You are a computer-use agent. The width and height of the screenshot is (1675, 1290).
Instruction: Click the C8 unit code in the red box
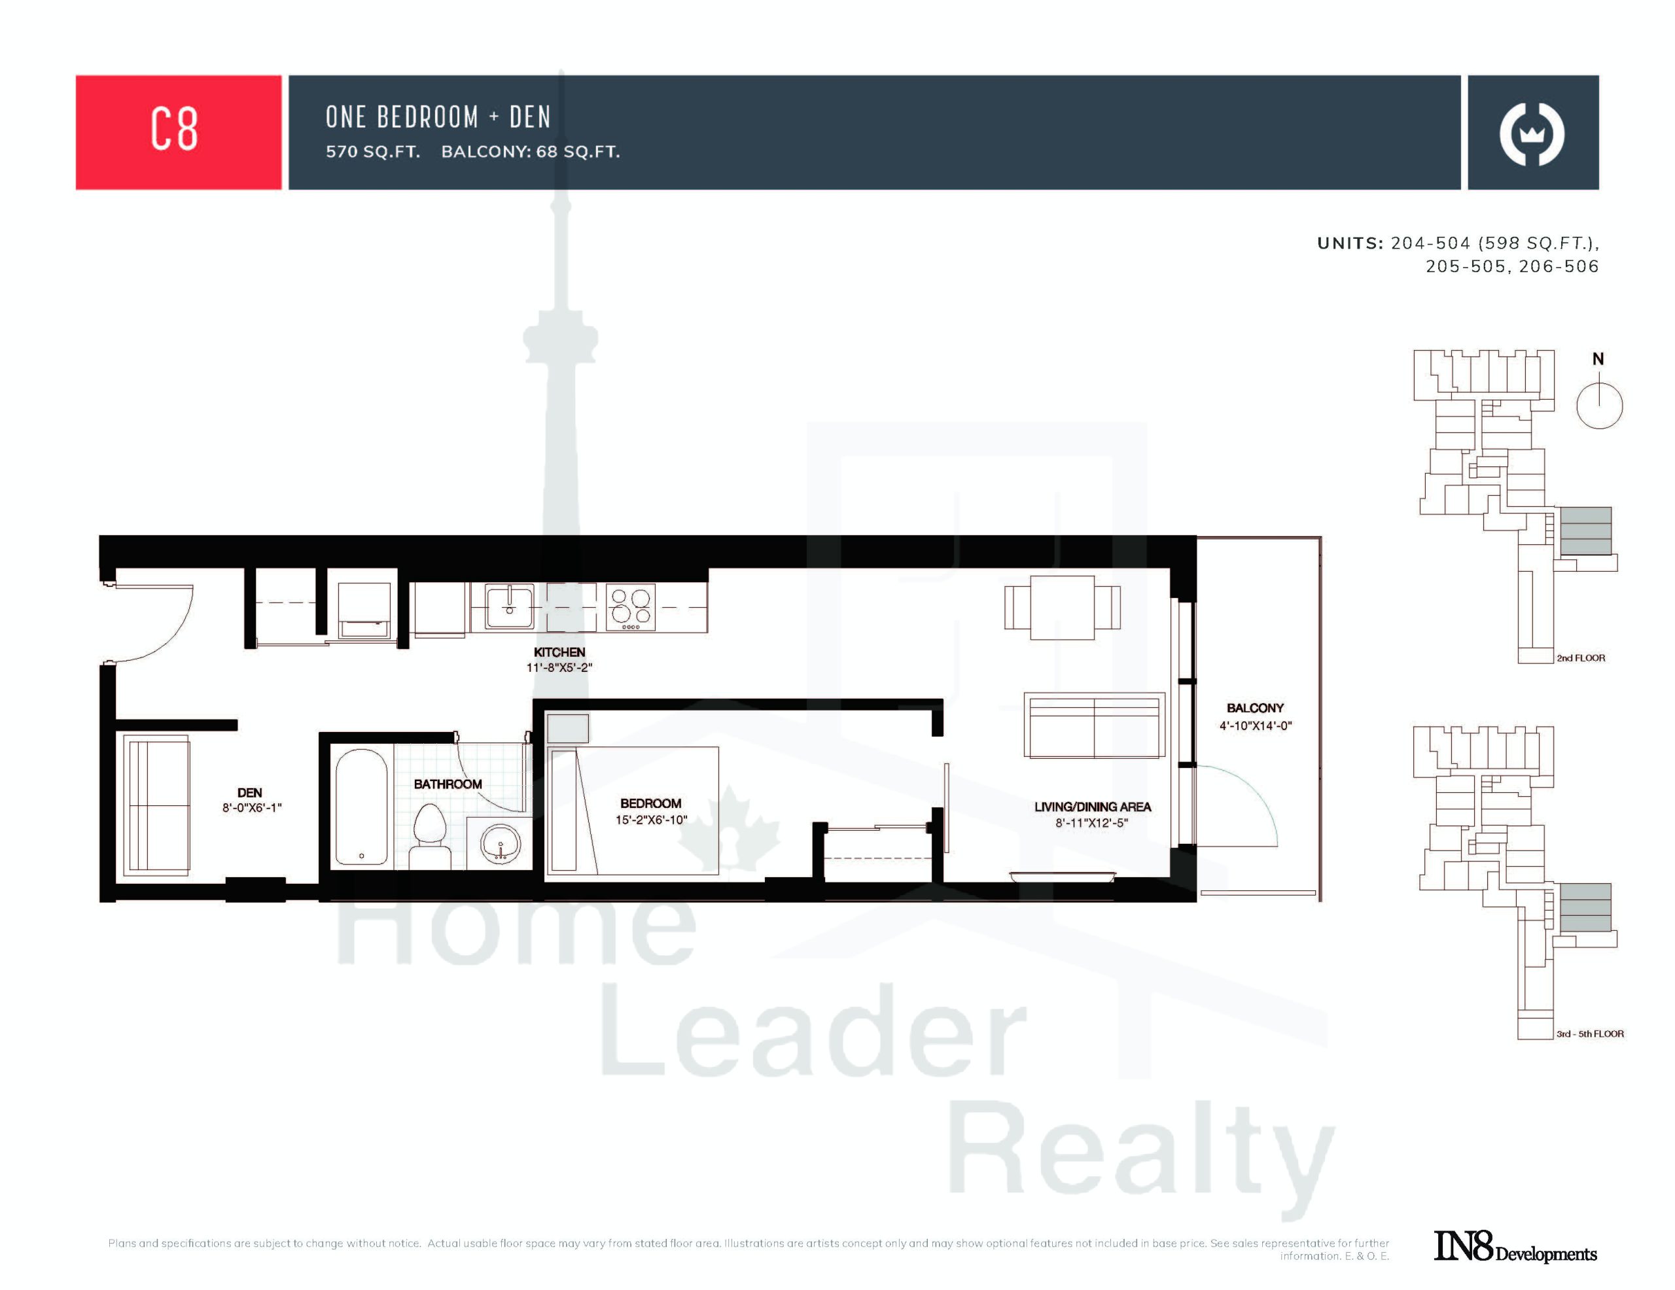[x=175, y=129]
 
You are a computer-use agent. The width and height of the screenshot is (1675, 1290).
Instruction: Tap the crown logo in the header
[x=1532, y=134]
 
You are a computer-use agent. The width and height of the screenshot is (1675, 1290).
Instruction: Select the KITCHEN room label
[x=559, y=652]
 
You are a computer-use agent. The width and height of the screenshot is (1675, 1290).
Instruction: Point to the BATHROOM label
[x=448, y=784]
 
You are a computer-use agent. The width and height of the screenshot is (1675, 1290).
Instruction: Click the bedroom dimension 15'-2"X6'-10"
[x=651, y=820]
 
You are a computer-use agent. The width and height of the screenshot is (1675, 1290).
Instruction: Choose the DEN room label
[x=250, y=792]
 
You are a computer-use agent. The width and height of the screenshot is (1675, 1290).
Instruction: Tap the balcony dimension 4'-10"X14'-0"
[x=1256, y=725]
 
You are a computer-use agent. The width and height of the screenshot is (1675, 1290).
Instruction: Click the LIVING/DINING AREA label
[x=1092, y=807]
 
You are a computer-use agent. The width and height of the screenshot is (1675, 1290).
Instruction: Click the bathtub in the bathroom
[x=361, y=807]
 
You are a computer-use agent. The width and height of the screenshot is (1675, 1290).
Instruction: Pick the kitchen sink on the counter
[x=509, y=606]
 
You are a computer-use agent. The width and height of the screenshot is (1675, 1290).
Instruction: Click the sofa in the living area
[x=1095, y=725]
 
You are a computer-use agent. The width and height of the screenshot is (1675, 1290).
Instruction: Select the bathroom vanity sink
[x=500, y=844]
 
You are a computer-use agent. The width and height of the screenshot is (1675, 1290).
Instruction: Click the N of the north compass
[x=1598, y=359]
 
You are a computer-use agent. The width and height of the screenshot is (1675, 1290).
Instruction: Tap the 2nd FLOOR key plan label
[x=1581, y=658]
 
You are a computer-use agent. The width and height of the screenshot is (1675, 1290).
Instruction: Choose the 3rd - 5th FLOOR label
[x=1590, y=1034]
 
